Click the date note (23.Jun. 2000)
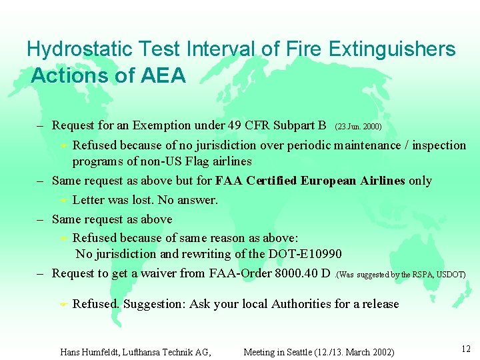[x=358, y=126]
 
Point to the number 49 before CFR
[x=235, y=125]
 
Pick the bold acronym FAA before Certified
[x=230, y=181]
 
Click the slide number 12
[x=465, y=349]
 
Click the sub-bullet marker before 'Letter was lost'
[x=63, y=201]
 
